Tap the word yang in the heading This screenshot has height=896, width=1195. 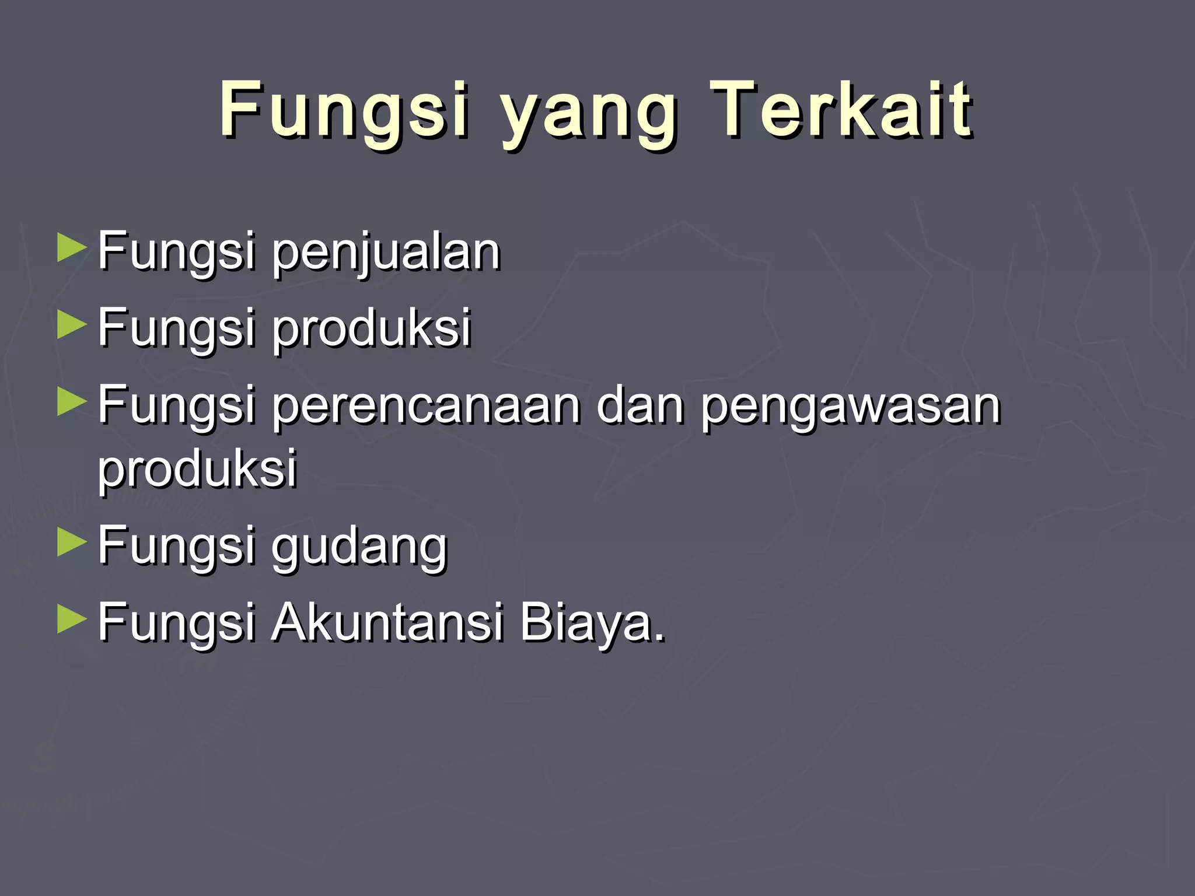589,114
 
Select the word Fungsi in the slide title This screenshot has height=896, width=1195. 344,111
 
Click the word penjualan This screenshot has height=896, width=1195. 386,253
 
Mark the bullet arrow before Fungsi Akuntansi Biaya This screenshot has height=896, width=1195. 72,620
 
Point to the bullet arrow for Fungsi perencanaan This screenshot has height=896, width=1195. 72,403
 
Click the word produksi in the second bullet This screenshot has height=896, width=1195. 372,329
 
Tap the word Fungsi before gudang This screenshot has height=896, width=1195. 176,546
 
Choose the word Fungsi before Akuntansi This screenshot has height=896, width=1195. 176,623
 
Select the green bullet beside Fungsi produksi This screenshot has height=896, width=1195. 72,325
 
